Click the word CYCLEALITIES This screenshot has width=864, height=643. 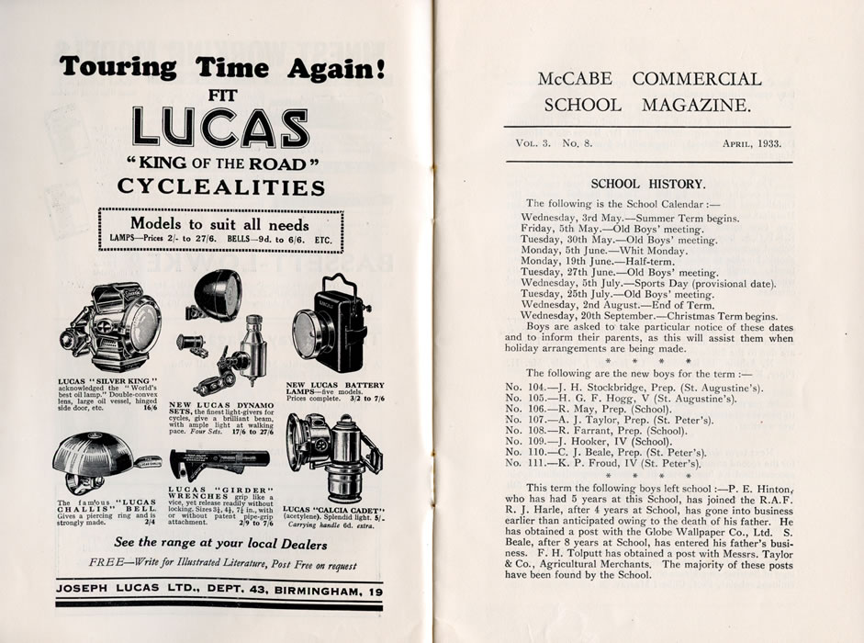220,188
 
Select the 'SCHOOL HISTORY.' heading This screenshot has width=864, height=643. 647,184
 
